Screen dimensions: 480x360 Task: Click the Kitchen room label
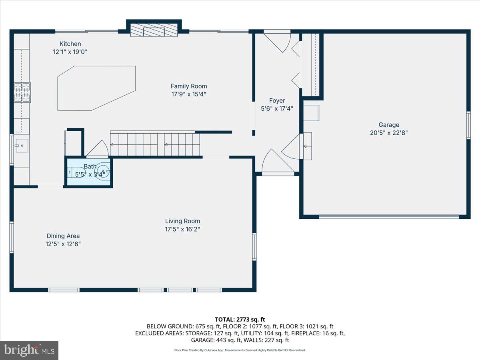[x=70, y=44]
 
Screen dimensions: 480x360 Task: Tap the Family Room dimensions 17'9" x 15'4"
[x=189, y=94]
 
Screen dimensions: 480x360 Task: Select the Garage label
[x=389, y=125]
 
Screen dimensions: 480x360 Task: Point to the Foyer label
[x=277, y=100]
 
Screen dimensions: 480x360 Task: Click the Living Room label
[x=182, y=221]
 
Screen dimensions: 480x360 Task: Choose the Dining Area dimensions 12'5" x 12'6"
[x=63, y=244]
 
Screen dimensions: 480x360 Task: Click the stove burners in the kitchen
[x=22, y=92]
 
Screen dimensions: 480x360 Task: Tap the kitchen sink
[x=22, y=146]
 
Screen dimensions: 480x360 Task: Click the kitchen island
[x=96, y=88]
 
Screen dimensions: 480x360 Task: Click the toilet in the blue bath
[x=76, y=172]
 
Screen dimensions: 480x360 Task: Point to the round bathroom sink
[x=102, y=171]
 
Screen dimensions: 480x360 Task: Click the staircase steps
[x=155, y=144]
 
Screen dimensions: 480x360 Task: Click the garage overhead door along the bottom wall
[x=389, y=217]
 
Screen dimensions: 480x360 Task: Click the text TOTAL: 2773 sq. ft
[x=240, y=320]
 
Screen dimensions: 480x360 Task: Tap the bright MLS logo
[x=29, y=350]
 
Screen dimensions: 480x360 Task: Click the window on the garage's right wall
[x=468, y=125]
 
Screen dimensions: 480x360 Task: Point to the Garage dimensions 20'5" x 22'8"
[x=389, y=133]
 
